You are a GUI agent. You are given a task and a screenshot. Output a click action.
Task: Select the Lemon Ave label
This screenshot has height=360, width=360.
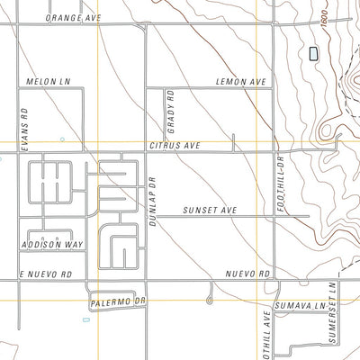(242, 81)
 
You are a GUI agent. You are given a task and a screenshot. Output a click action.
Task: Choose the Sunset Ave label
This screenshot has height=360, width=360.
(210, 210)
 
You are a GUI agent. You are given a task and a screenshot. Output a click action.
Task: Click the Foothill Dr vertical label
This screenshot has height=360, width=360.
(280, 179)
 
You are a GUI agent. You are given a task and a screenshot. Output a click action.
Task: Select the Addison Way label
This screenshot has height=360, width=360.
(53, 244)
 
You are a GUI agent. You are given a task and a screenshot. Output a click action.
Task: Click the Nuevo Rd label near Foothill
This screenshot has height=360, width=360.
(247, 273)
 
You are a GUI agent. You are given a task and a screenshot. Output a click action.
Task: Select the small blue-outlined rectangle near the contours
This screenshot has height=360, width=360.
(313, 54)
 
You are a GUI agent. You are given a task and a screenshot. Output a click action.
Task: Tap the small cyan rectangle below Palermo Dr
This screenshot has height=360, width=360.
(85, 319)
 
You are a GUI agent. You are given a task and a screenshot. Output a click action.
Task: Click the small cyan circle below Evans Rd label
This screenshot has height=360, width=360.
(62, 139)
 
